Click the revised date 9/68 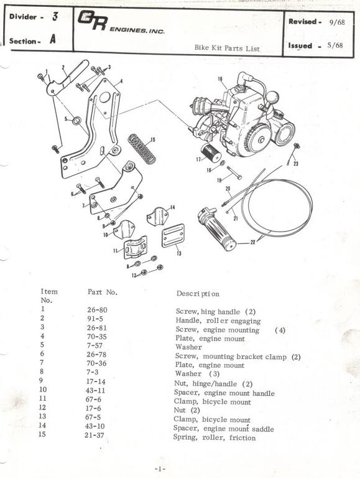tap(338, 22)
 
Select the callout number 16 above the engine tap(219, 79)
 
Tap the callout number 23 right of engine tap(296, 163)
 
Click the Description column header tap(197, 293)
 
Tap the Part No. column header tap(103, 291)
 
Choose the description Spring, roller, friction tap(214, 438)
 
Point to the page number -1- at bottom tap(159, 467)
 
